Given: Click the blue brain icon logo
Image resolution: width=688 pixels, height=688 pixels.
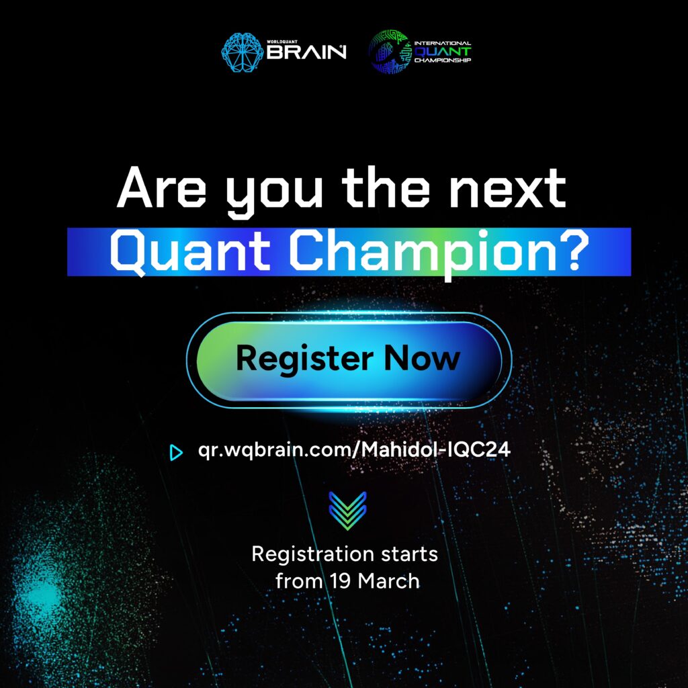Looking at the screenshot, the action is tap(242, 52).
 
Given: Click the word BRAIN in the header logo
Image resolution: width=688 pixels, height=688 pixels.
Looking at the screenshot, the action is tap(306, 52).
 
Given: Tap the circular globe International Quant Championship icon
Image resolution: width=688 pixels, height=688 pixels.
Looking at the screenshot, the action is tap(389, 52).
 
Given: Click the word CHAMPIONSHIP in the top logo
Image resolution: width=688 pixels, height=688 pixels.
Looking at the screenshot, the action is tap(442, 60).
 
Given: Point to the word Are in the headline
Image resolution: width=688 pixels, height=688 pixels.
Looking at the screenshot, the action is tap(161, 188).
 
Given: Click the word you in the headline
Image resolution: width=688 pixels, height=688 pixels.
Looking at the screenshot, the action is tap(274, 193).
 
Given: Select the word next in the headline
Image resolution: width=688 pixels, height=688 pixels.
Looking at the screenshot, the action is tap(508, 188).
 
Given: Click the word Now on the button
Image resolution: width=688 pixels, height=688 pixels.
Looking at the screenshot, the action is tap(422, 358).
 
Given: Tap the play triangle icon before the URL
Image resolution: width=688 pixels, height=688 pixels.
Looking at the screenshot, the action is tap(176, 452).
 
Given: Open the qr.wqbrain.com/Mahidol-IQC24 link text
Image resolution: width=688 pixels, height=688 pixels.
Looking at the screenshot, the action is tap(354, 450).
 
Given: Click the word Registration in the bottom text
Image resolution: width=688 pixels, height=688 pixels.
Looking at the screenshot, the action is tap(306, 554).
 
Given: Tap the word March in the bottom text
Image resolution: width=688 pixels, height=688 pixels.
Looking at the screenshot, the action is tap(389, 581).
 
